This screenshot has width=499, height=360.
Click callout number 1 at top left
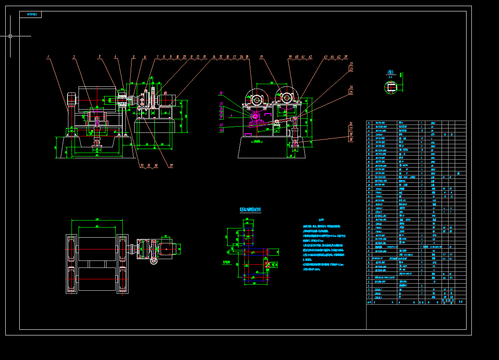click(x=48, y=57)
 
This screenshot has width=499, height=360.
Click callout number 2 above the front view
click(x=74, y=57)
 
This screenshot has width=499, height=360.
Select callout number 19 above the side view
click(x=261, y=57)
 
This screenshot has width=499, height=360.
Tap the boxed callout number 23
click(x=351, y=69)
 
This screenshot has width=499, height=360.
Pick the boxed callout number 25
click(x=351, y=92)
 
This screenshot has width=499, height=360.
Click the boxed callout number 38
click(x=351, y=139)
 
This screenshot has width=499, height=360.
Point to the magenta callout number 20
click(x=221, y=93)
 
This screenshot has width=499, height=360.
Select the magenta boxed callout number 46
click(x=221, y=130)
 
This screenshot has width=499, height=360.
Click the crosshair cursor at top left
click(x=10, y=36)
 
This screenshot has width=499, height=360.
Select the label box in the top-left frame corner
click(x=31, y=14)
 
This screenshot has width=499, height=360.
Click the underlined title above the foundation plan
click(x=250, y=210)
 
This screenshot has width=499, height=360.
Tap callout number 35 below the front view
click(x=171, y=166)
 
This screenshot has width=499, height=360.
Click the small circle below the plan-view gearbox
click(x=153, y=262)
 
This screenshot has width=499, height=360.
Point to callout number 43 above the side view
click(x=325, y=57)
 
